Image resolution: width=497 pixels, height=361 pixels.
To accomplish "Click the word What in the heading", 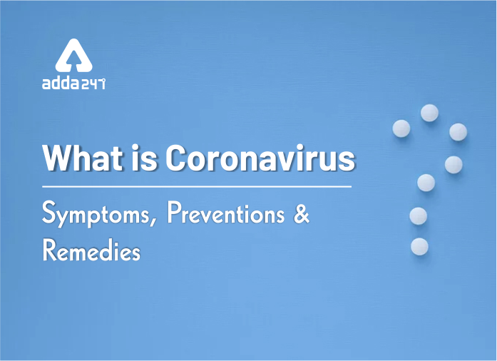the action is click(x=83, y=158).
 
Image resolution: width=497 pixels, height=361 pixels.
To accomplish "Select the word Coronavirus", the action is click(x=260, y=158).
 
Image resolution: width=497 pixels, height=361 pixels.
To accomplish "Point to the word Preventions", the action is click(x=225, y=213).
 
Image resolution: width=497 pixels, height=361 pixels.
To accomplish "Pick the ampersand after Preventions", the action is click(x=301, y=214).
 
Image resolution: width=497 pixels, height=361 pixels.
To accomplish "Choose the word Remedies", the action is click(x=91, y=250).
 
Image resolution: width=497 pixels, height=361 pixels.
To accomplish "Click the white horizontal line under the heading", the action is click(x=197, y=186).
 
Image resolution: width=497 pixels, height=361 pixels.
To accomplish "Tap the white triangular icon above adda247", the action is click(x=74, y=56).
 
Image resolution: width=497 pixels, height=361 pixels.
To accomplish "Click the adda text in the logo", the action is click(x=61, y=83).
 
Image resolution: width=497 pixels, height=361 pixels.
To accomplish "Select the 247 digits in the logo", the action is click(x=93, y=84).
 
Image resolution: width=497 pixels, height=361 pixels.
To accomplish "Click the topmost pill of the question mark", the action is click(x=429, y=113).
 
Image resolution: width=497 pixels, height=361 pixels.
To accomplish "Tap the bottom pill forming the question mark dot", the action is click(x=420, y=246).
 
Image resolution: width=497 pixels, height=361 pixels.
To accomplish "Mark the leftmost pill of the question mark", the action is click(x=401, y=128).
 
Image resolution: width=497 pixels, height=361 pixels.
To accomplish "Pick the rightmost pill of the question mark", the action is click(x=458, y=132).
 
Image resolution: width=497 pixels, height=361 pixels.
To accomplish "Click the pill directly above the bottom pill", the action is click(x=418, y=216).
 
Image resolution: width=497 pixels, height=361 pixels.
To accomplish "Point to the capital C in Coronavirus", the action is click(x=176, y=158).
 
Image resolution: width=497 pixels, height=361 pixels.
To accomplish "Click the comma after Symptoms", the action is click(x=153, y=220).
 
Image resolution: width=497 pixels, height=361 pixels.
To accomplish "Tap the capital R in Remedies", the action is click(x=50, y=250).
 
